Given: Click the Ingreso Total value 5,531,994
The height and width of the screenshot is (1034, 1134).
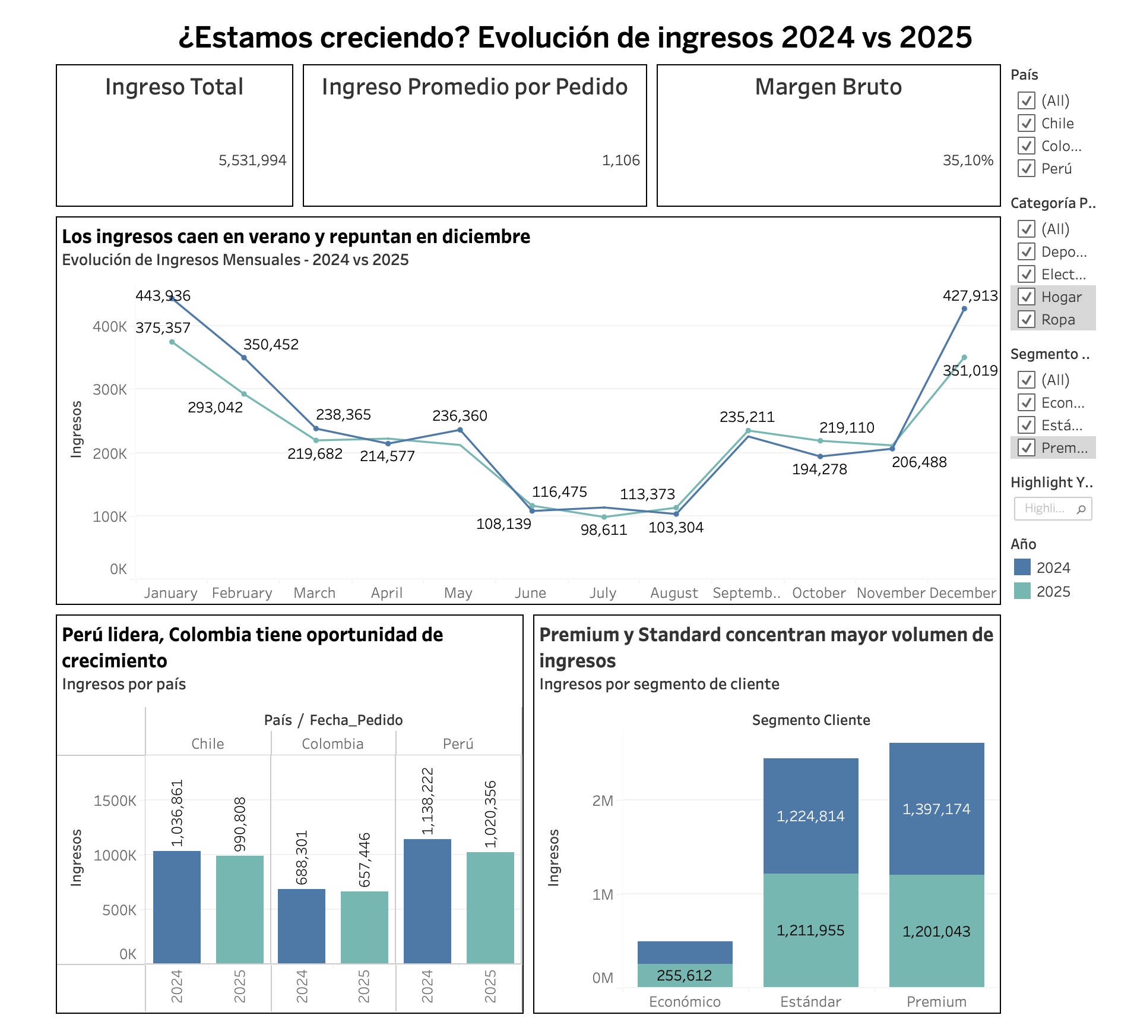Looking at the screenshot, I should [252, 160].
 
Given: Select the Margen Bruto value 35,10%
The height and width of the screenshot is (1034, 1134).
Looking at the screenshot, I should [968, 160].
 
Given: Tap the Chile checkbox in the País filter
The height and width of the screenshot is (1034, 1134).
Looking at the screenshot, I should [1027, 124].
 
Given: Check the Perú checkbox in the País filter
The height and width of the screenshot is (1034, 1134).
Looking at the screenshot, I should [1027, 169].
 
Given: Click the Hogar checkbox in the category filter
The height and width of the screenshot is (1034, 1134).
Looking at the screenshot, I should [1027, 297].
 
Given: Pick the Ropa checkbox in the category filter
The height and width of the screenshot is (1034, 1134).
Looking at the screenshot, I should [1027, 320].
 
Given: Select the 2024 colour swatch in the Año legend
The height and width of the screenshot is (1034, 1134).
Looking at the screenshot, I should [1022, 568].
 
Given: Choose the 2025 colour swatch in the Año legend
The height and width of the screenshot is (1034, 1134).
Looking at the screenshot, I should [1022, 591].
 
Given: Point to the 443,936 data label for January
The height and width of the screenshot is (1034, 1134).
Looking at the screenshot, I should [163, 296].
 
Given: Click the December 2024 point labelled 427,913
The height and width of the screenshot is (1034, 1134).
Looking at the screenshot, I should [964, 309].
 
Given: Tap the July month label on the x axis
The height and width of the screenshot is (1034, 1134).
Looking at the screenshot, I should [603, 593].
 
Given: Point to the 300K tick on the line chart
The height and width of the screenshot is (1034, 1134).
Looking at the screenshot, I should [110, 390].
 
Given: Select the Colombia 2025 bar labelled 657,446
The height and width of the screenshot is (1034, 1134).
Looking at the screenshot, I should [365, 927].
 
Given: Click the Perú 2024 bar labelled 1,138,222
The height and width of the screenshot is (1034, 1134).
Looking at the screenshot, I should [427, 901].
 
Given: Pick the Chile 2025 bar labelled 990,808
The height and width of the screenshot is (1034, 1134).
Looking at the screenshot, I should [240, 909].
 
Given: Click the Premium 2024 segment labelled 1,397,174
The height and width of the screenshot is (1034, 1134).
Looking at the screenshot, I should [936, 809].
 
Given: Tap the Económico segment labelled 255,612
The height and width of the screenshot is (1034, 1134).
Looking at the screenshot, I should [685, 975].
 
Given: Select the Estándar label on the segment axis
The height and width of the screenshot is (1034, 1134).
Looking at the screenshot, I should [810, 1002].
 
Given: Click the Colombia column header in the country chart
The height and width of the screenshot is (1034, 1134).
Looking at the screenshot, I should [332, 744].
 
